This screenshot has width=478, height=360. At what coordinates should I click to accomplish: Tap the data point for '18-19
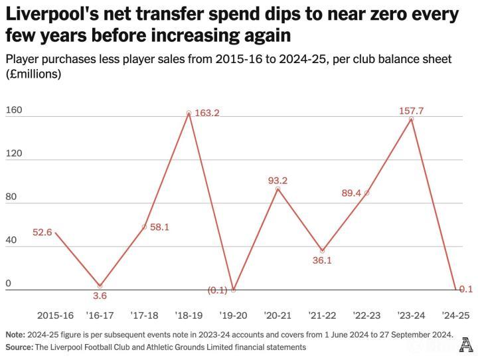(189, 113)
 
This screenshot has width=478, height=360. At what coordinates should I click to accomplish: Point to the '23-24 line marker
(412, 119)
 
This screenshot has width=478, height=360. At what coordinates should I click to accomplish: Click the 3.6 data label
(99, 296)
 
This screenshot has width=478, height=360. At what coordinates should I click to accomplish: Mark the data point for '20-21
(278, 189)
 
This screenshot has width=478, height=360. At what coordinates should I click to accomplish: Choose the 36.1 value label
(321, 260)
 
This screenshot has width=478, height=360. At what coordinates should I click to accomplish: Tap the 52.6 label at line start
(42, 232)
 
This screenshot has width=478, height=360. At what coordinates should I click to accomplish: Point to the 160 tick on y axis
(14, 110)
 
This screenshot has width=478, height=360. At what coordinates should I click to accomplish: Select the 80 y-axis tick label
(11, 197)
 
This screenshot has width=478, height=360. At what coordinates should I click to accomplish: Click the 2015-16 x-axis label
(55, 315)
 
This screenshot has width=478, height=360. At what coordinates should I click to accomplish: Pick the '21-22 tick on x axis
(322, 315)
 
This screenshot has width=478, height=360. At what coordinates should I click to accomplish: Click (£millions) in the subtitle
(33, 74)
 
